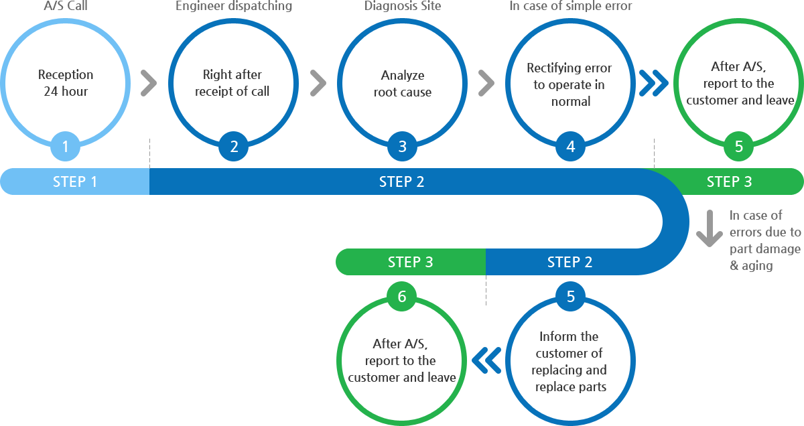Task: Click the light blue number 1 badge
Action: click(65, 147)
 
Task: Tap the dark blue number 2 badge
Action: click(234, 147)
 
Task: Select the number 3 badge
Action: click(403, 147)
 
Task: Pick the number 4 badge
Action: click(570, 147)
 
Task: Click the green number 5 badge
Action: click(738, 147)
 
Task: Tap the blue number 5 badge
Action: click(570, 297)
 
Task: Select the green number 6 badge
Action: click(401, 297)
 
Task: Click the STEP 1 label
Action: click(75, 182)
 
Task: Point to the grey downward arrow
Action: click(710, 228)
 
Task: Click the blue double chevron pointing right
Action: click(654, 83)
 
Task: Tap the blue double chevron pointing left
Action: click(486, 360)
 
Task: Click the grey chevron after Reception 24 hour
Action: click(149, 83)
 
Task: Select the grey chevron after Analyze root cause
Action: click(486, 83)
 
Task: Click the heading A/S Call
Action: click(66, 6)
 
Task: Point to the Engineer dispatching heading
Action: click(234, 6)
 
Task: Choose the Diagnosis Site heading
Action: click(403, 6)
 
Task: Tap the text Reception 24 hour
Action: click(66, 83)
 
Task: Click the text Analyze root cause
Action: click(403, 84)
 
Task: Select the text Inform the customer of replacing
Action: click(569, 353)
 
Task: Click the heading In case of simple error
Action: click(571, 6)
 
